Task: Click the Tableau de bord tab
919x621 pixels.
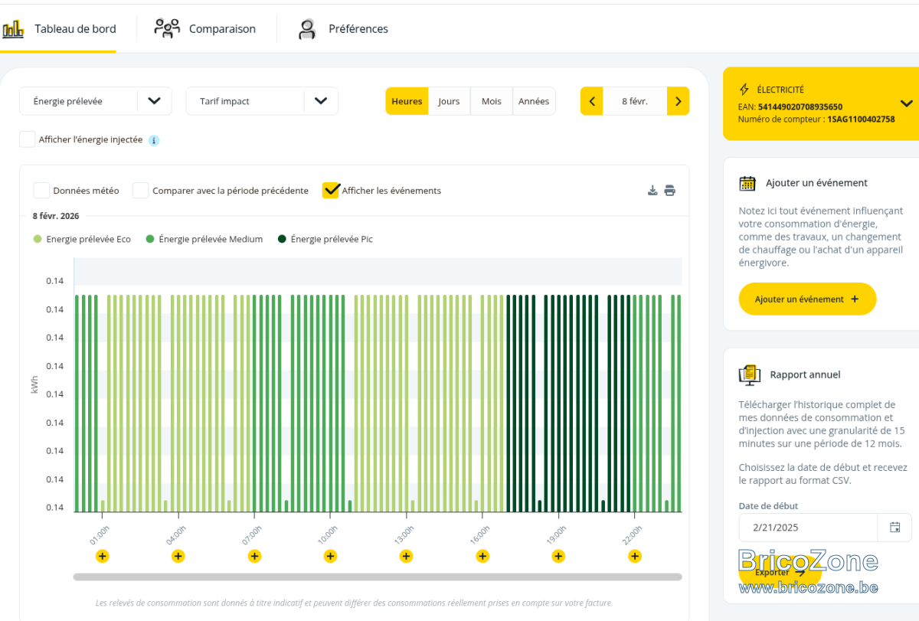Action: pos(59,28)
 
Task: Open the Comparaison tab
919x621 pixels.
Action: pos(205,28)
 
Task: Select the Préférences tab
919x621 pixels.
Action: pos(343,28)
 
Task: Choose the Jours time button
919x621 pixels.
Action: pos(449,101)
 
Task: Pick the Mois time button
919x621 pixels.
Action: pos(491,101)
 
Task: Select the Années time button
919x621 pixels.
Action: pos(533,101)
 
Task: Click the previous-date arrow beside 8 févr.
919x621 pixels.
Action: pos(591,101)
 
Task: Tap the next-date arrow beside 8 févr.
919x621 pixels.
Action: pos(679,101)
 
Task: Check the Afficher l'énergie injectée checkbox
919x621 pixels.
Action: pos(27,139)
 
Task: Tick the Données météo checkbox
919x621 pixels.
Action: pos(41,191)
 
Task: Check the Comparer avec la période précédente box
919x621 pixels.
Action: pos(140,191)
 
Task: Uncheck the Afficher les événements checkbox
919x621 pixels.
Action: pos(331,191)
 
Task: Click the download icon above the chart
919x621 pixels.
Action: pos(652,191)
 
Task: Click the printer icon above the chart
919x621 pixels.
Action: pos(669,191)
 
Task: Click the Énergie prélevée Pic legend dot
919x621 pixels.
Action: pos(282,239)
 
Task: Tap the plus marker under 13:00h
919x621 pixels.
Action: pos(406,556)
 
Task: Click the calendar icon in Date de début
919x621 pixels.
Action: pos(894,527)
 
